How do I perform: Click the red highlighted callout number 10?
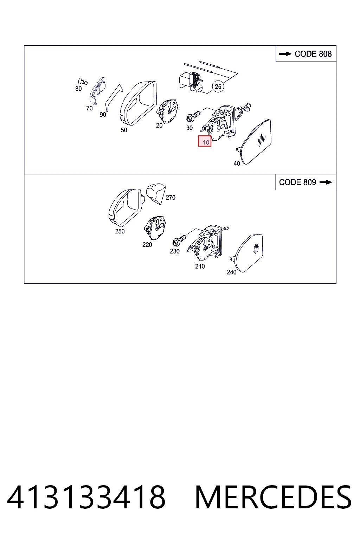click(x=205, y=141)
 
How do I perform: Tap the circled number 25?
click(x=218, y=86)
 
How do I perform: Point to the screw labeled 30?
click(x=194, y=116)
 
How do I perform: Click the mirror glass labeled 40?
click(x=256, y=142)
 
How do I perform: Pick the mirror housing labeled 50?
click(x=138, y=103)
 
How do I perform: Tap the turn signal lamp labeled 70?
click(x=97, y=91)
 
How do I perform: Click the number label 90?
click(x=103, y=115)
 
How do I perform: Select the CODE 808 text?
click(x=313, y=54)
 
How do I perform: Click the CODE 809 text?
click(x=297, y=182)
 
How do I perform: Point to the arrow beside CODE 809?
click(x=326, y=182)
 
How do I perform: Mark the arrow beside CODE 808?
click(x=285, y=54)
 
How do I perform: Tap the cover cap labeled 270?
click(x=156, y=193)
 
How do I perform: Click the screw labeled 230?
click(x=180, y=240)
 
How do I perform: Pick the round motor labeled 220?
click(x=155, y=228)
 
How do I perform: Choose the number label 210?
click(x=200, y=266)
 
